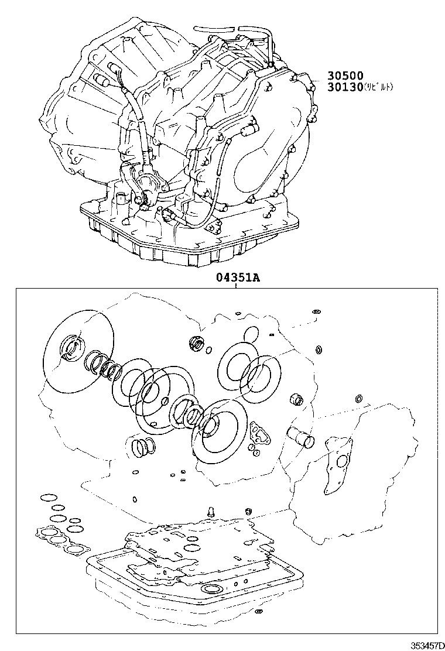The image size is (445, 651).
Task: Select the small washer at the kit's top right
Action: point(316,311)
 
